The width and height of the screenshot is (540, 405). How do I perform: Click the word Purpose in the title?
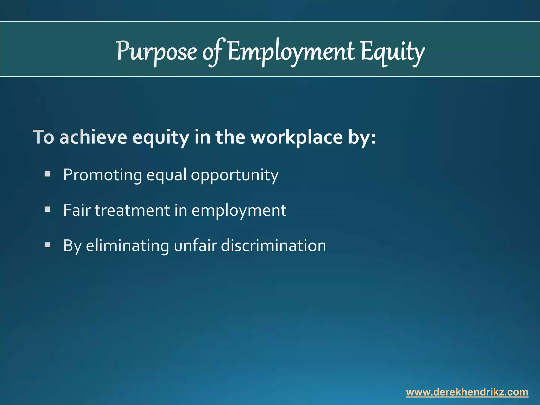click(x=157, y=51)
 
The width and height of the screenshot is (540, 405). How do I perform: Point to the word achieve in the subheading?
click(x=93, y=137)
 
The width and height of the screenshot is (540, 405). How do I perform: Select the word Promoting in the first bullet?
click(x=103, y=175)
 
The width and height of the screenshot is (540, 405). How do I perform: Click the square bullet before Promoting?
click(x=47, y=174)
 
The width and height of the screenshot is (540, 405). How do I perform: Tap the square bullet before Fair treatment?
click(x=47, y=210)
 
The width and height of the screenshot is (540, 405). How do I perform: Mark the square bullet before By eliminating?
click(x=47, y=245)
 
